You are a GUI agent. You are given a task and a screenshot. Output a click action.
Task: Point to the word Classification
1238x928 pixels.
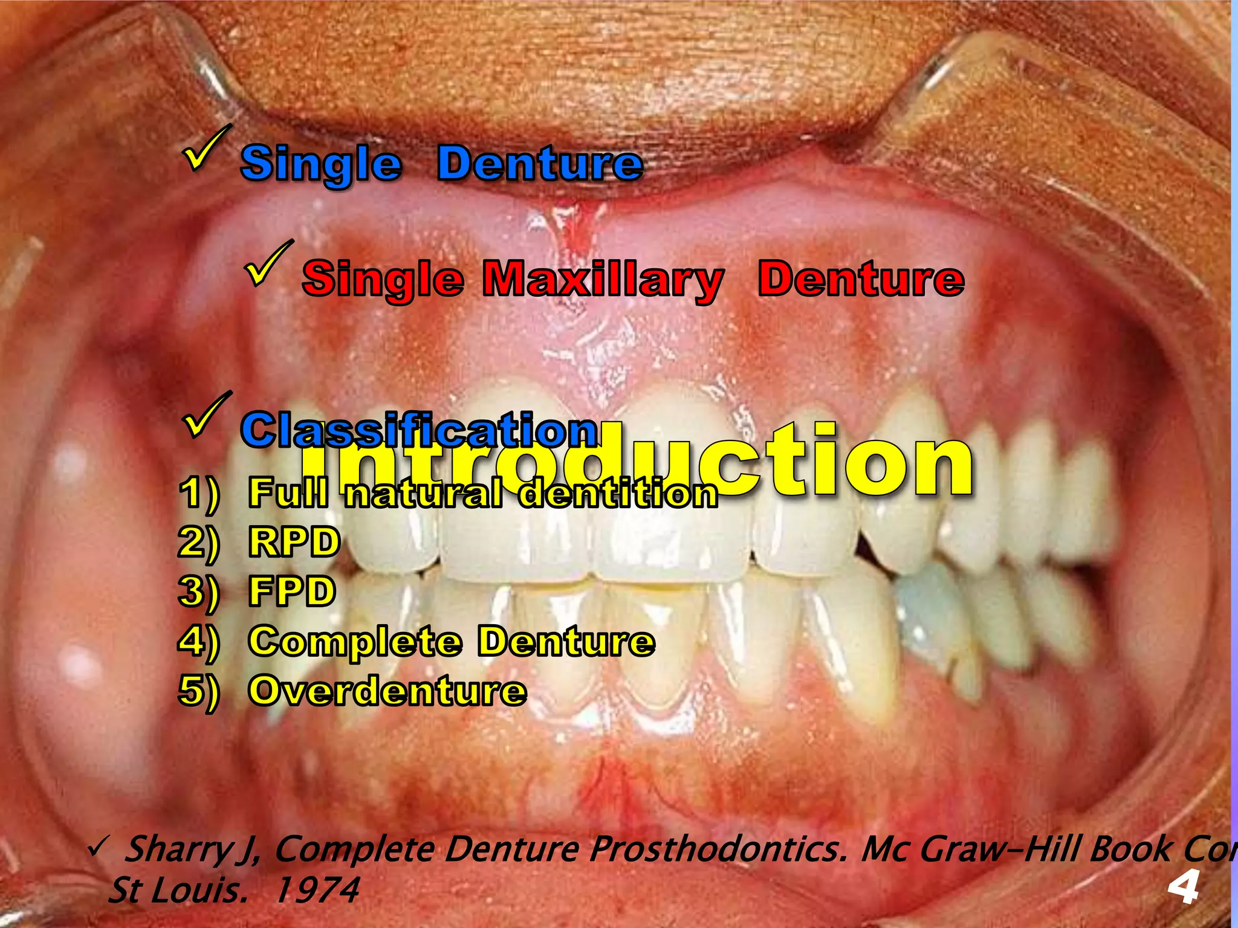420,430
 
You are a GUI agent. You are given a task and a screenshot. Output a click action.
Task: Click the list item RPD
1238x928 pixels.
294,541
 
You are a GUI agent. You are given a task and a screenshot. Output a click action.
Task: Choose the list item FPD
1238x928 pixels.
292,591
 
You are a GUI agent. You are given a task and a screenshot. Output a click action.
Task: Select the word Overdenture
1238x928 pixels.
387,691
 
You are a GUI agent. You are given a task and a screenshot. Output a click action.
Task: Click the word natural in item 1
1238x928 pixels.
423,493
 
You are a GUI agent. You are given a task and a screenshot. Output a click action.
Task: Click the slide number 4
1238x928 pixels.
1183,888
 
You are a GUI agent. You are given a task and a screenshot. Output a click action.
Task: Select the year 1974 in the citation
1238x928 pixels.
317,890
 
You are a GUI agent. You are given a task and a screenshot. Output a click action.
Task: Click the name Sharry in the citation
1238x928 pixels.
175,849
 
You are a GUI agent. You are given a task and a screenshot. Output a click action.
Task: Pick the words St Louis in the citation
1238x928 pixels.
177,890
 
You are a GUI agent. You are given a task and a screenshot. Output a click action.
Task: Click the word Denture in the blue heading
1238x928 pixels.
540,163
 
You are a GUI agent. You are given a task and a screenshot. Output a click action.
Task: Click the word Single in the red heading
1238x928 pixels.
383,279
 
